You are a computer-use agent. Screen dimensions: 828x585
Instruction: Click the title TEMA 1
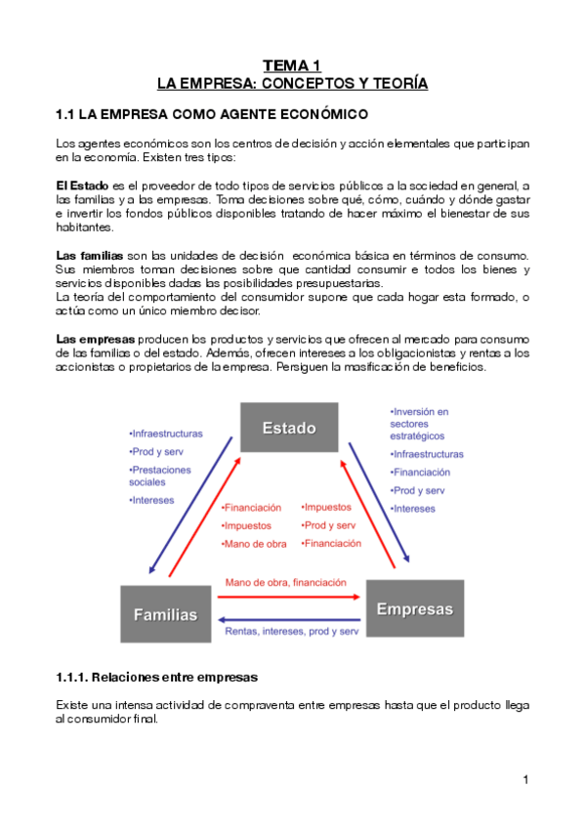click(292, 65)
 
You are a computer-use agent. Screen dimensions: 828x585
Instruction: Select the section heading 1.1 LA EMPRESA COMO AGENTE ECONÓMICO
click(212, 114)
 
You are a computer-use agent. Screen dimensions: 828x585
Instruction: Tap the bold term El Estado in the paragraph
click(82, 186)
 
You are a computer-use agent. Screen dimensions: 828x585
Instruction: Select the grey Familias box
click(165, 614)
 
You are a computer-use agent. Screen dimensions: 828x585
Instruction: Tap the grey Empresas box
click(414, 608)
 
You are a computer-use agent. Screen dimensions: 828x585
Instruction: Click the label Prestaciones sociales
click(160, 476)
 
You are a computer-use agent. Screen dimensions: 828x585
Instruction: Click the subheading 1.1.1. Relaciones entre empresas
click(156, 677)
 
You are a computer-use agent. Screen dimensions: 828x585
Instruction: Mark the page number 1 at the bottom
click(524, 779)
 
